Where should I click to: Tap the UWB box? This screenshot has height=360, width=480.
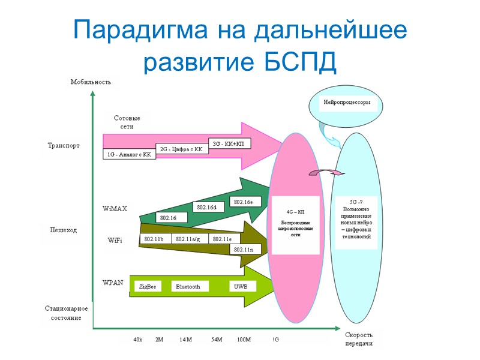tap(241, 287)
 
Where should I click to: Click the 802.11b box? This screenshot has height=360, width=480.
tap(155, 239)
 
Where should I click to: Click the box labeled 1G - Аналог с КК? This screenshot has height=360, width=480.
tap(130, 154)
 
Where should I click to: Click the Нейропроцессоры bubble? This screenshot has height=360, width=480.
tap(347, 103)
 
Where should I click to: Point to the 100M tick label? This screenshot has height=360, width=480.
tap(244, 340)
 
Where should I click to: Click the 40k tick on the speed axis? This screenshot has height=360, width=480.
tap(137, 340)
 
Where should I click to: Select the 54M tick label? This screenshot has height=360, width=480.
tap(217, 340)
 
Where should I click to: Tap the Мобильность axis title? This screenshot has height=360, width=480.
tap(91, 82)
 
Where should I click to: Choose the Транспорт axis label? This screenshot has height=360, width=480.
tap(64, 145)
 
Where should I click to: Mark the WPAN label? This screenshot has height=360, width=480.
tap(114, 282)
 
